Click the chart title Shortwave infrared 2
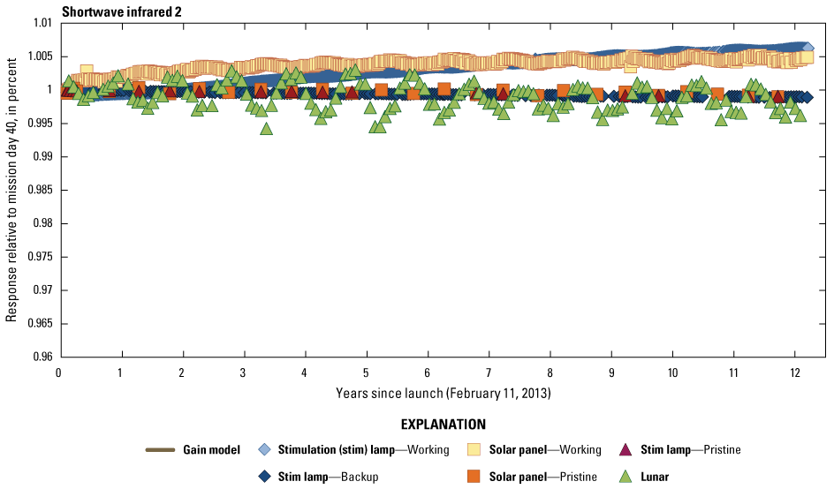click(x=117, y=11)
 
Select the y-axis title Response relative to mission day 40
click(x=12, y=190)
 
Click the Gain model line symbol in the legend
click(x=165, y=450)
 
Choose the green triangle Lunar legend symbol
click(x=625, y=477)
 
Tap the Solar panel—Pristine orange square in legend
click(x=474, y=477)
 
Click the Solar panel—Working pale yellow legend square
click(x=474, y=450)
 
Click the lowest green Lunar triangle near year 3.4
click(x=266, y=129)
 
